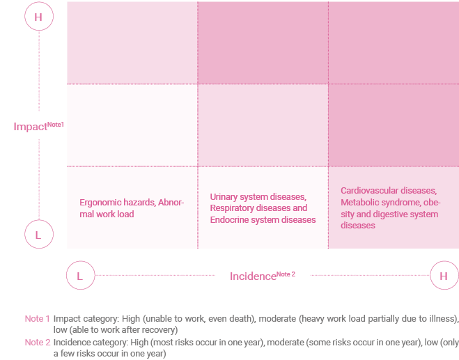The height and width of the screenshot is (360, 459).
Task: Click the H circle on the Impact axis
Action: (38, 17)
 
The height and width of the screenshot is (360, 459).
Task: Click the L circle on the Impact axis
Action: (38, 235)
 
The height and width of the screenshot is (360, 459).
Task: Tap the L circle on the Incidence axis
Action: (79, 276)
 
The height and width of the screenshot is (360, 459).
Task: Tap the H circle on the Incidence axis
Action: (444, 276)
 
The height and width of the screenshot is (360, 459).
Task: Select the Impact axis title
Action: (29, 127)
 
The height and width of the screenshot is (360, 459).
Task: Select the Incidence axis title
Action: (253, 276)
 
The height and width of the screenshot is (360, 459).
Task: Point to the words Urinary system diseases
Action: (258, 197)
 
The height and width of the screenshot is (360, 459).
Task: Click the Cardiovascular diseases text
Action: (388, 191)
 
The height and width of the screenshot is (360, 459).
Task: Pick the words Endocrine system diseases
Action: (263, 219)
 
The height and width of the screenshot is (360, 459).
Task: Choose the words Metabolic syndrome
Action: (377, 203)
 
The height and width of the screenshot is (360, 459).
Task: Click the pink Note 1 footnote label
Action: (37, 318)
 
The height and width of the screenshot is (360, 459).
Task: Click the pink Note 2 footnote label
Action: (37, 342)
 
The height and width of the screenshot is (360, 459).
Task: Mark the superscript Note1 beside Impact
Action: (55, 124)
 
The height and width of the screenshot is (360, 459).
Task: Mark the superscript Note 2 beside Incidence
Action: (286, 274)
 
